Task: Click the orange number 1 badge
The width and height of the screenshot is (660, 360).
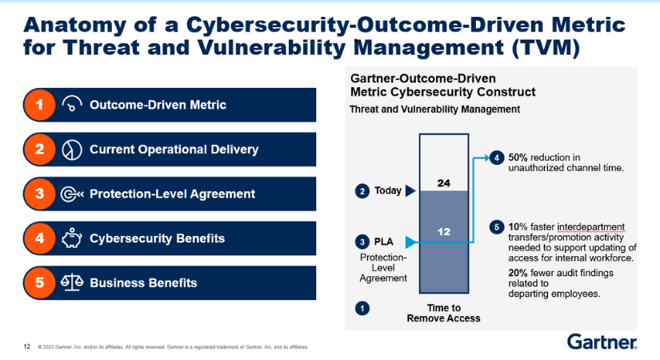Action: pos(38,105)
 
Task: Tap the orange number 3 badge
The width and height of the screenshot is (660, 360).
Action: pos(38,194)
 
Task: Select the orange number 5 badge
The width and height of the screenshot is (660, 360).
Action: pos(38,282)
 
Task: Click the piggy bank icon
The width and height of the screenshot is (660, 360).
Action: pos(70,238)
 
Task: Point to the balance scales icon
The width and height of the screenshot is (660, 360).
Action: pos(70,282)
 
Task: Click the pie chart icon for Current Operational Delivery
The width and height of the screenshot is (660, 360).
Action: pos(70,150)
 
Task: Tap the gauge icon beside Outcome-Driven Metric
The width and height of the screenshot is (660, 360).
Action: pos(70,105)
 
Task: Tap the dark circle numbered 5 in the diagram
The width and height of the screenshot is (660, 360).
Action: pos(496,226)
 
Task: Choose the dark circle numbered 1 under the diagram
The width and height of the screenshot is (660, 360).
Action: pos(362,307)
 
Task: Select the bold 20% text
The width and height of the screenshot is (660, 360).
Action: pos(520,272)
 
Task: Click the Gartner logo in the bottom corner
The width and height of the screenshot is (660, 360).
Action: pos(602,342)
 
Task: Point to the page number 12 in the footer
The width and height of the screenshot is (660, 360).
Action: pos(26,346)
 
